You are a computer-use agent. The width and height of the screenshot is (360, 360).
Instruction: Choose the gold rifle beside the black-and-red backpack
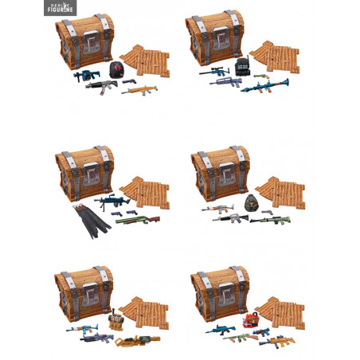click(138, 91)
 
